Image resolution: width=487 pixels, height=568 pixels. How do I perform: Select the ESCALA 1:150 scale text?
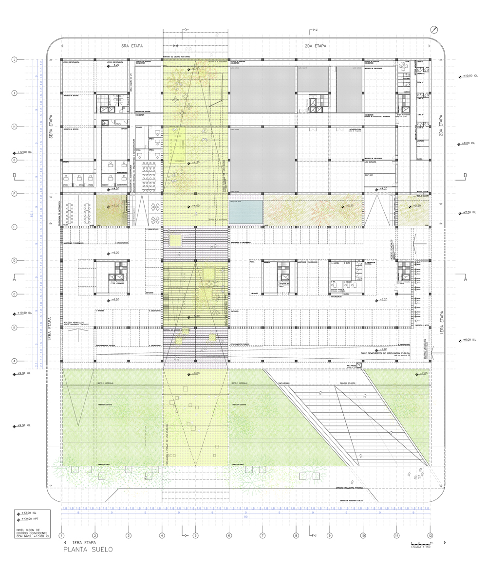tap(419, 546)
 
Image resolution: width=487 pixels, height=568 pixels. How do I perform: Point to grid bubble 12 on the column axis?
tap(430, 535)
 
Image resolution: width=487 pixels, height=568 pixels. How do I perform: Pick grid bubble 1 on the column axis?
tap(61, 535)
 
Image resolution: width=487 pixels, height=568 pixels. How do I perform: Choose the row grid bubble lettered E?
tap(15, 227)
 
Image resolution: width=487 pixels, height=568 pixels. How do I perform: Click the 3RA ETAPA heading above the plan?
tap(131, 46)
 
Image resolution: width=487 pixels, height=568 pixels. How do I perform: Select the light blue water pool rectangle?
tap(246, 212)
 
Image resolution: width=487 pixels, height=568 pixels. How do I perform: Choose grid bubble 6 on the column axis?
tap(228, 535)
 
